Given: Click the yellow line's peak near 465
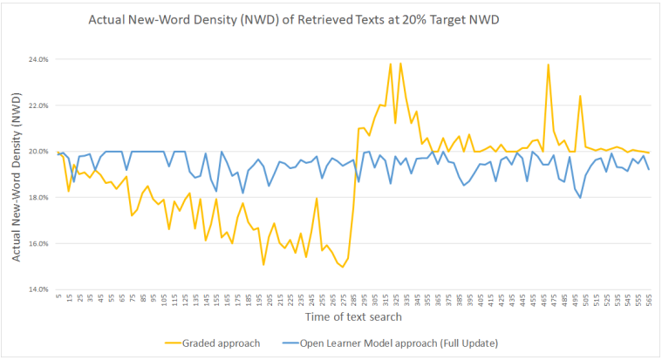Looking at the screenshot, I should [548, 65].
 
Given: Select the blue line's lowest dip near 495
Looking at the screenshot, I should [580, 198].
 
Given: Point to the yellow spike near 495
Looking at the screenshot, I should [580, 96].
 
